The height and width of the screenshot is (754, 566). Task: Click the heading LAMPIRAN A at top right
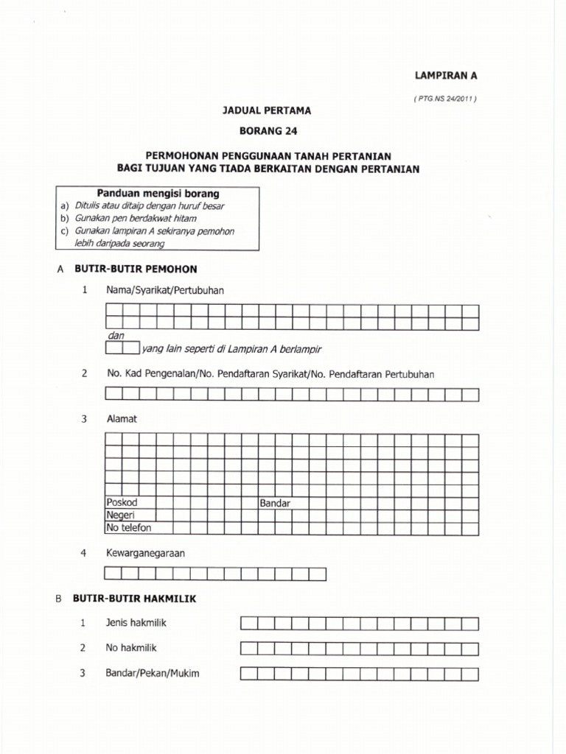(448, 75)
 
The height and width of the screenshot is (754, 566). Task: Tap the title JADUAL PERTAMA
(267, 110)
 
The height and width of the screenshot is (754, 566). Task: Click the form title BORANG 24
(267, 131)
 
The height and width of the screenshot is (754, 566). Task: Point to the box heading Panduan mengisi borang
(158, 194)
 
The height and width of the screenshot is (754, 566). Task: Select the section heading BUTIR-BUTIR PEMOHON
(136, 269)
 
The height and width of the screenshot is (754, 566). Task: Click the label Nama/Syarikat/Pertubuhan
(165, 290)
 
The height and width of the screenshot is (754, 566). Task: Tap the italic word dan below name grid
(116, 336)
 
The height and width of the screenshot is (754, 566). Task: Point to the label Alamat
(122, 419)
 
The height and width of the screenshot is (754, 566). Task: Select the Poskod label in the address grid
(122, 503)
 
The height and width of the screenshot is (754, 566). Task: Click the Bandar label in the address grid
(274, 504)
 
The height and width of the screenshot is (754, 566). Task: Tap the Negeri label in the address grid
(120, 515)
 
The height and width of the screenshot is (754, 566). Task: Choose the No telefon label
(128, 528)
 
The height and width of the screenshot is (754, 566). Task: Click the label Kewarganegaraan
(144, 552)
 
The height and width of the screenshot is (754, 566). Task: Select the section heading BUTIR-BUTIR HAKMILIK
(134, 599)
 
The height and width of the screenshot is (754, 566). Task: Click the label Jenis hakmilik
(136, 623)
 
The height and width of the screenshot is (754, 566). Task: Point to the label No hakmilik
(132, 648)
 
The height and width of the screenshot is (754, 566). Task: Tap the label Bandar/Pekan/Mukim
(153, 673)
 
